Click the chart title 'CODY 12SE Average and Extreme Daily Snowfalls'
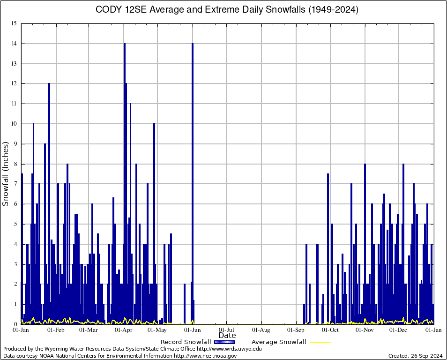pos(227,10)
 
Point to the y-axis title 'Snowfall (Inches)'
pos(6,173)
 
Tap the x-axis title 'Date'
pos(227,335)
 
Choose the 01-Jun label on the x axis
pos(193,330)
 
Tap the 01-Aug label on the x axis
pos(261,330)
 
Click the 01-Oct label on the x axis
pos(330,330)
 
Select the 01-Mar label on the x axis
pos(89,330)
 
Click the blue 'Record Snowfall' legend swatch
pos(224,342)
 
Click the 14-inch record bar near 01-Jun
pos(192,183)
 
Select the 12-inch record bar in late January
pos(49,202)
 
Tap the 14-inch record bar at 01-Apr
pos(124,183)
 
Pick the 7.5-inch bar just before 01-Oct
pos(328,248)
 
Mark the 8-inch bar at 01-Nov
pos(365,244)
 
